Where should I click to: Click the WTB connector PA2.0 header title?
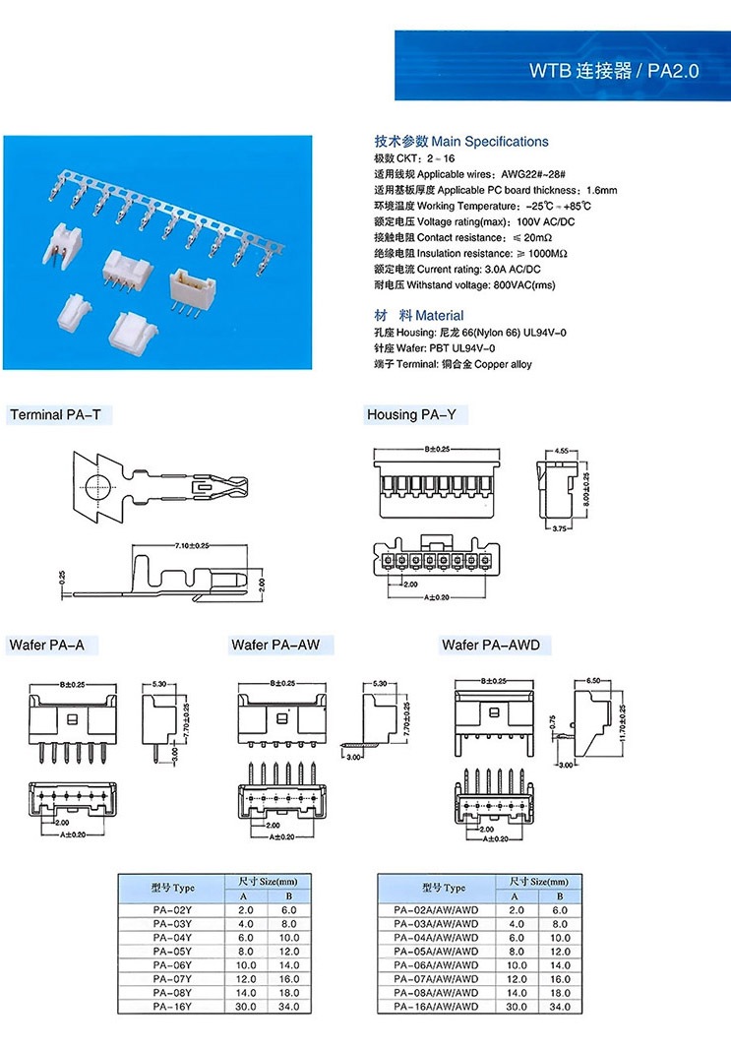[614, 71]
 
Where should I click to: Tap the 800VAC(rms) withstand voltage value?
[520, 285]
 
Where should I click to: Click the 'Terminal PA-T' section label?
[55, 415]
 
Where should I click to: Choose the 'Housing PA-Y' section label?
[411, 415]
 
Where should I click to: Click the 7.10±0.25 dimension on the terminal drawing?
[193, 545]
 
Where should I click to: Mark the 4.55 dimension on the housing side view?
[562, 451]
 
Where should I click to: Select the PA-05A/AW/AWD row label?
[433, 952]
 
